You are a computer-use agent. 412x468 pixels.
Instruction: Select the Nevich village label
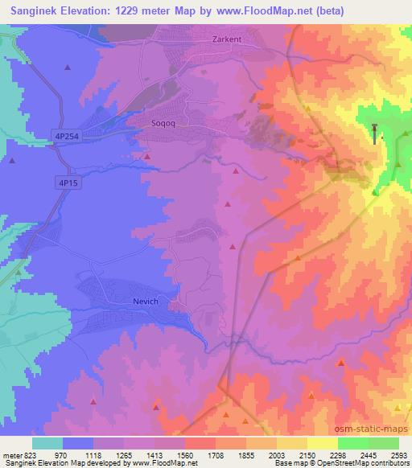click(x=146, y=302)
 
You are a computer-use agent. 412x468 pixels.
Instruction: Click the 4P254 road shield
click(x=68, y=136)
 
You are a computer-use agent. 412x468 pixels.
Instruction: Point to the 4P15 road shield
click(x=68, y=183)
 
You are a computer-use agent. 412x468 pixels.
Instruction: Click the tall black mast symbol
click(x=375, y=133)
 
